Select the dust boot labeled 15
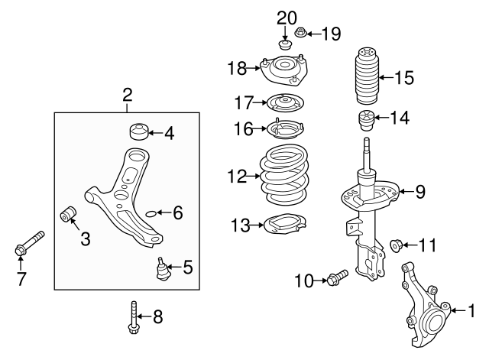(x=367, y=76)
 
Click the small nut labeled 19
(x=300, y=32)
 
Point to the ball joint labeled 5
(x=162, y=268)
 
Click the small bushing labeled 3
(x=68, y=213)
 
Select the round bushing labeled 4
(x=138, y=131)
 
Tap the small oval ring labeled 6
(x=151, y=213)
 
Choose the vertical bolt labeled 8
(x=134, y=317)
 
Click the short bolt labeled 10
(x=338, y=277)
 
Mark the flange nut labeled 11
(x=396, y=245)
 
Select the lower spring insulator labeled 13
(x=285, y=223)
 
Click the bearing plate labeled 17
(x=285, y=102)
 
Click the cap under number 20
(x=285, y=44)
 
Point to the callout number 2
(x=128, y=95)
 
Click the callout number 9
(x=420, y=192)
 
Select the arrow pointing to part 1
(x=458, y=310)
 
